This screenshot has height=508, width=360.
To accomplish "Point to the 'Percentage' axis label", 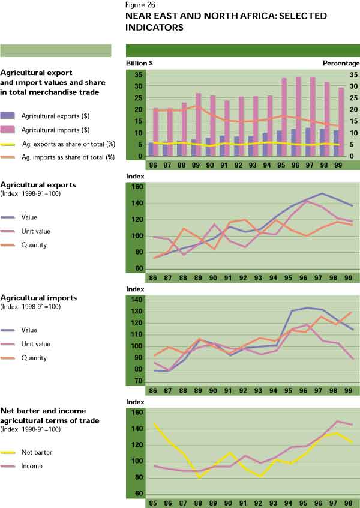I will coord(341,64).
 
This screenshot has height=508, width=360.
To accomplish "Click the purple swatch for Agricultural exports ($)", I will coord(8,115).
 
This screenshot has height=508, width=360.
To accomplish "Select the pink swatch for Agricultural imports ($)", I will coord(8,129).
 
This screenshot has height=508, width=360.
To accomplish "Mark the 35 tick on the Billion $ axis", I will coord(137,75).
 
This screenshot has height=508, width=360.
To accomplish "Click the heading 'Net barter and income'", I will coord(43,411).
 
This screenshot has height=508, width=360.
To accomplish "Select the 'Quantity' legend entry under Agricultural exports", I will coord(35,245).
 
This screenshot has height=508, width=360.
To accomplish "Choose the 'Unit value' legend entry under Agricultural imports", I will coord(38,343).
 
